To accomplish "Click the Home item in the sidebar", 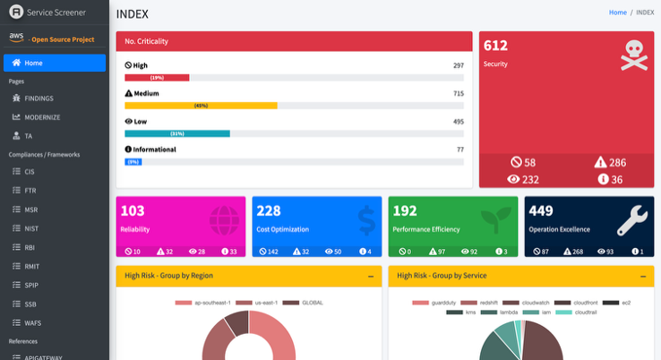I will coord(54,63).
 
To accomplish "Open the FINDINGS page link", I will coord(39,98).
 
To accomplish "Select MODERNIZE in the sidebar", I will coord(41,116).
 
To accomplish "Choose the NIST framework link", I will coord(31,228).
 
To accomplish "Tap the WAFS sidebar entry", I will coord(32,322).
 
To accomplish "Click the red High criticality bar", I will coord(157,78).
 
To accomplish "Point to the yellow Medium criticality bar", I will coord(201,106).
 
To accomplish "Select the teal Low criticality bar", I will coord(177,133).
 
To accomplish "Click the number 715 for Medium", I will coord(458,93).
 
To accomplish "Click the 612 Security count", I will coord(495,46).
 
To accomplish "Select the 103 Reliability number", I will coord(133,211).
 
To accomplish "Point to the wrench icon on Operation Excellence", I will coord(632,220).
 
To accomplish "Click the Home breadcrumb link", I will coord(617,13).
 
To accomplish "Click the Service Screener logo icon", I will coord(15,13).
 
